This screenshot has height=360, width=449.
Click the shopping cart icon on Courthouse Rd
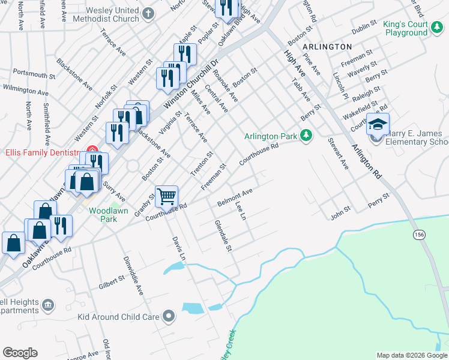(x=166, y=196)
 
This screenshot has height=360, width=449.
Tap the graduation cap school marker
(x=378, y=124)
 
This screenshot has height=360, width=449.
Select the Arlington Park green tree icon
(x=306, y=136)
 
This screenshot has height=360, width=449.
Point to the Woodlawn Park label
(x=102, y=215)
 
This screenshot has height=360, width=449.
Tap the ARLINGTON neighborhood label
(x=327, y=46)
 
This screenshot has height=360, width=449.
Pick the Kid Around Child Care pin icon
(x=170, y=316)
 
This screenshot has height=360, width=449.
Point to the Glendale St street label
(x=223, y=235)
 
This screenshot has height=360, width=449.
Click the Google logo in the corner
(x=20, y=353)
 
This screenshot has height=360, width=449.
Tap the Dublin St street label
(x=364, y=28)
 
